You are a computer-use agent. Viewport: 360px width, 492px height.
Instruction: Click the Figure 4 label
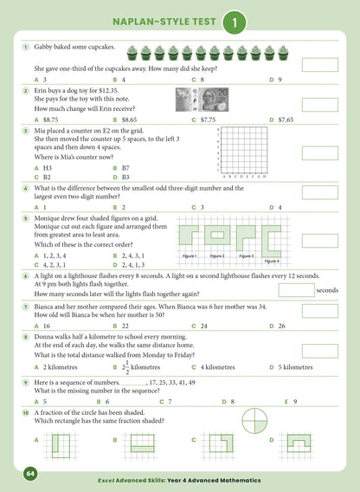tap(271, 261)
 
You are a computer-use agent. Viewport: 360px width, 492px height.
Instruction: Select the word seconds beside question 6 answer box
tap(327, 290)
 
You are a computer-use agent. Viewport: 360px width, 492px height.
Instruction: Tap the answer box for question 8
tap(320, 350)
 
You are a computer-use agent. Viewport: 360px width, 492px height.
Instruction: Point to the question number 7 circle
tap(27, 307)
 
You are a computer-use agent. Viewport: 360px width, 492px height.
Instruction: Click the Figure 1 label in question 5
tap(190, 256)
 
